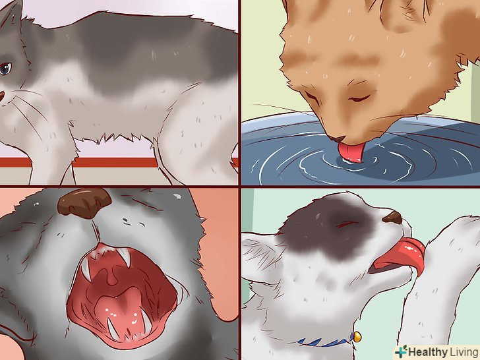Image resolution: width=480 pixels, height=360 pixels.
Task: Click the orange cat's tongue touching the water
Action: pos(350,152)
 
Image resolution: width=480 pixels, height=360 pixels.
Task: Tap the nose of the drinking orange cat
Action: pos(335,140)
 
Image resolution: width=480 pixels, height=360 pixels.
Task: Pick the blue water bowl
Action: pos(361,150)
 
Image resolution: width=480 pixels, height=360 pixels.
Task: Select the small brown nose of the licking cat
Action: pos(393,218)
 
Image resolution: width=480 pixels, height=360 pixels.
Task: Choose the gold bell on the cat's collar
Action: pos(356,338)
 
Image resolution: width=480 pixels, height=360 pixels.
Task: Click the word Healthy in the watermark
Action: pos(428,351)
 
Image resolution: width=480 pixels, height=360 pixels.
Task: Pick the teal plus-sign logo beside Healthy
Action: pos(401,351)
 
